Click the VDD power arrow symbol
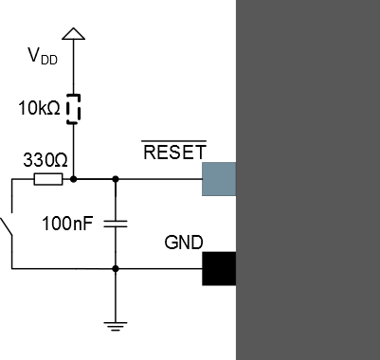tap(73, 35)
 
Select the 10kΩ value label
tap(39, 109)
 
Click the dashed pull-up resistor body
tap(73, 109)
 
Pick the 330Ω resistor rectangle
tap(47, 178)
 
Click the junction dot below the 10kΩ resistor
tap(73, 178)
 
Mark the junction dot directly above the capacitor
tap(115, 178)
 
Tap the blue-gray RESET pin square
tap(219, 178)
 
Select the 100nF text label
tap(68, 225)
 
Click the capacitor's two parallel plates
tap(115, 224)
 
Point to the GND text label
tap(184, 243)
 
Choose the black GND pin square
tap(219, 269)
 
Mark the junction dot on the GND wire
tap(115, 269)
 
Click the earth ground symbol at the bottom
tap(115, 325)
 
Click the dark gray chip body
tap(308, 180)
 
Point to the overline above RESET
tap(174, 142)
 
